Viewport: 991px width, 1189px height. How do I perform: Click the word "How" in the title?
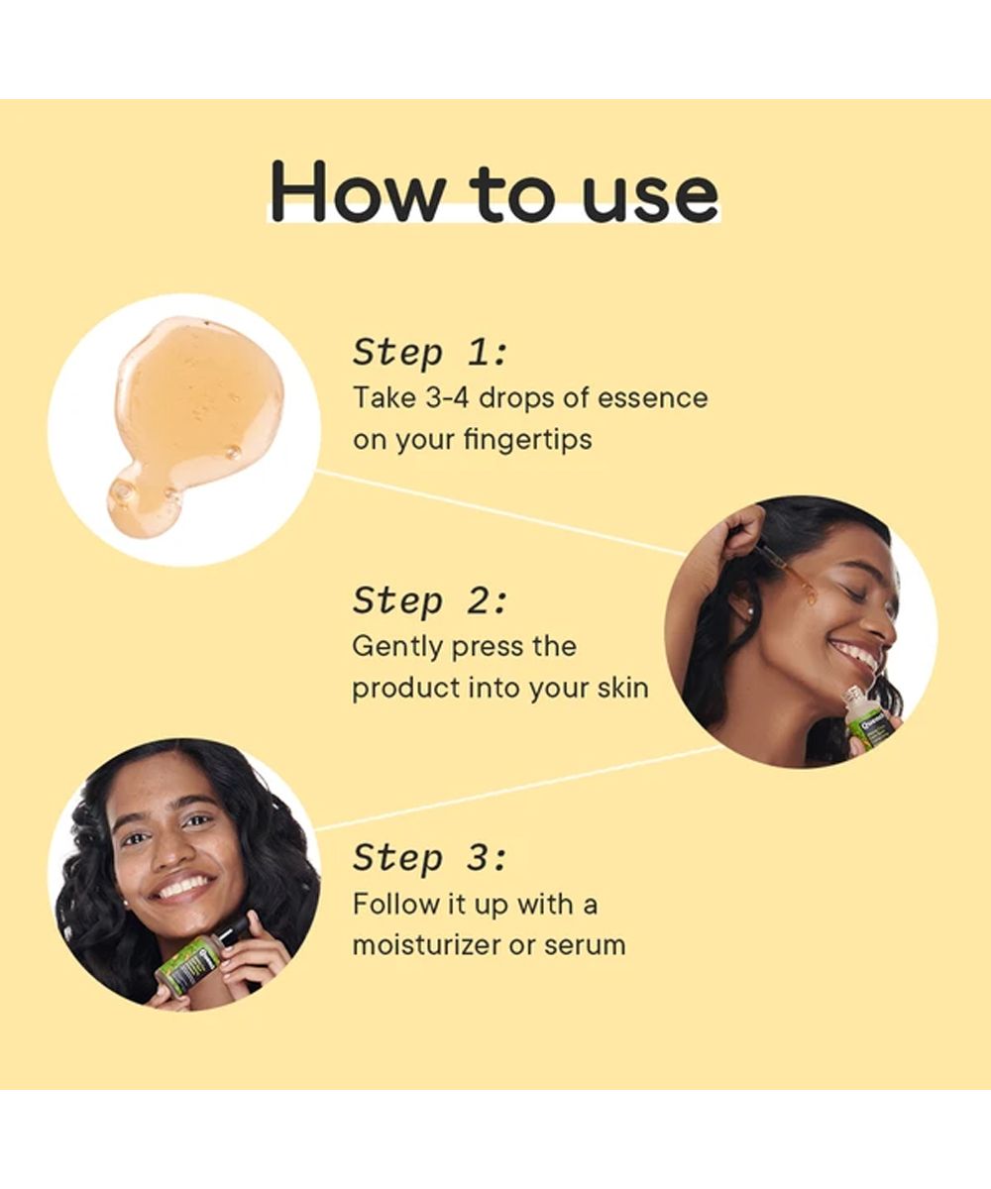click(357, 191)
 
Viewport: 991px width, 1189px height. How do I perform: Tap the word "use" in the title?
click(649, 197)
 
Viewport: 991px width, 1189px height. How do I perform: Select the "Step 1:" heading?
click(429, 353)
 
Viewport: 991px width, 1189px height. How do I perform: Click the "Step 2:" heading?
click(429, 600)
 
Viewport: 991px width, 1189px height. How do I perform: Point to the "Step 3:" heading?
click(429, 858)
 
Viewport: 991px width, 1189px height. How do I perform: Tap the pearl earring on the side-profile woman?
click(750, 611)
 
